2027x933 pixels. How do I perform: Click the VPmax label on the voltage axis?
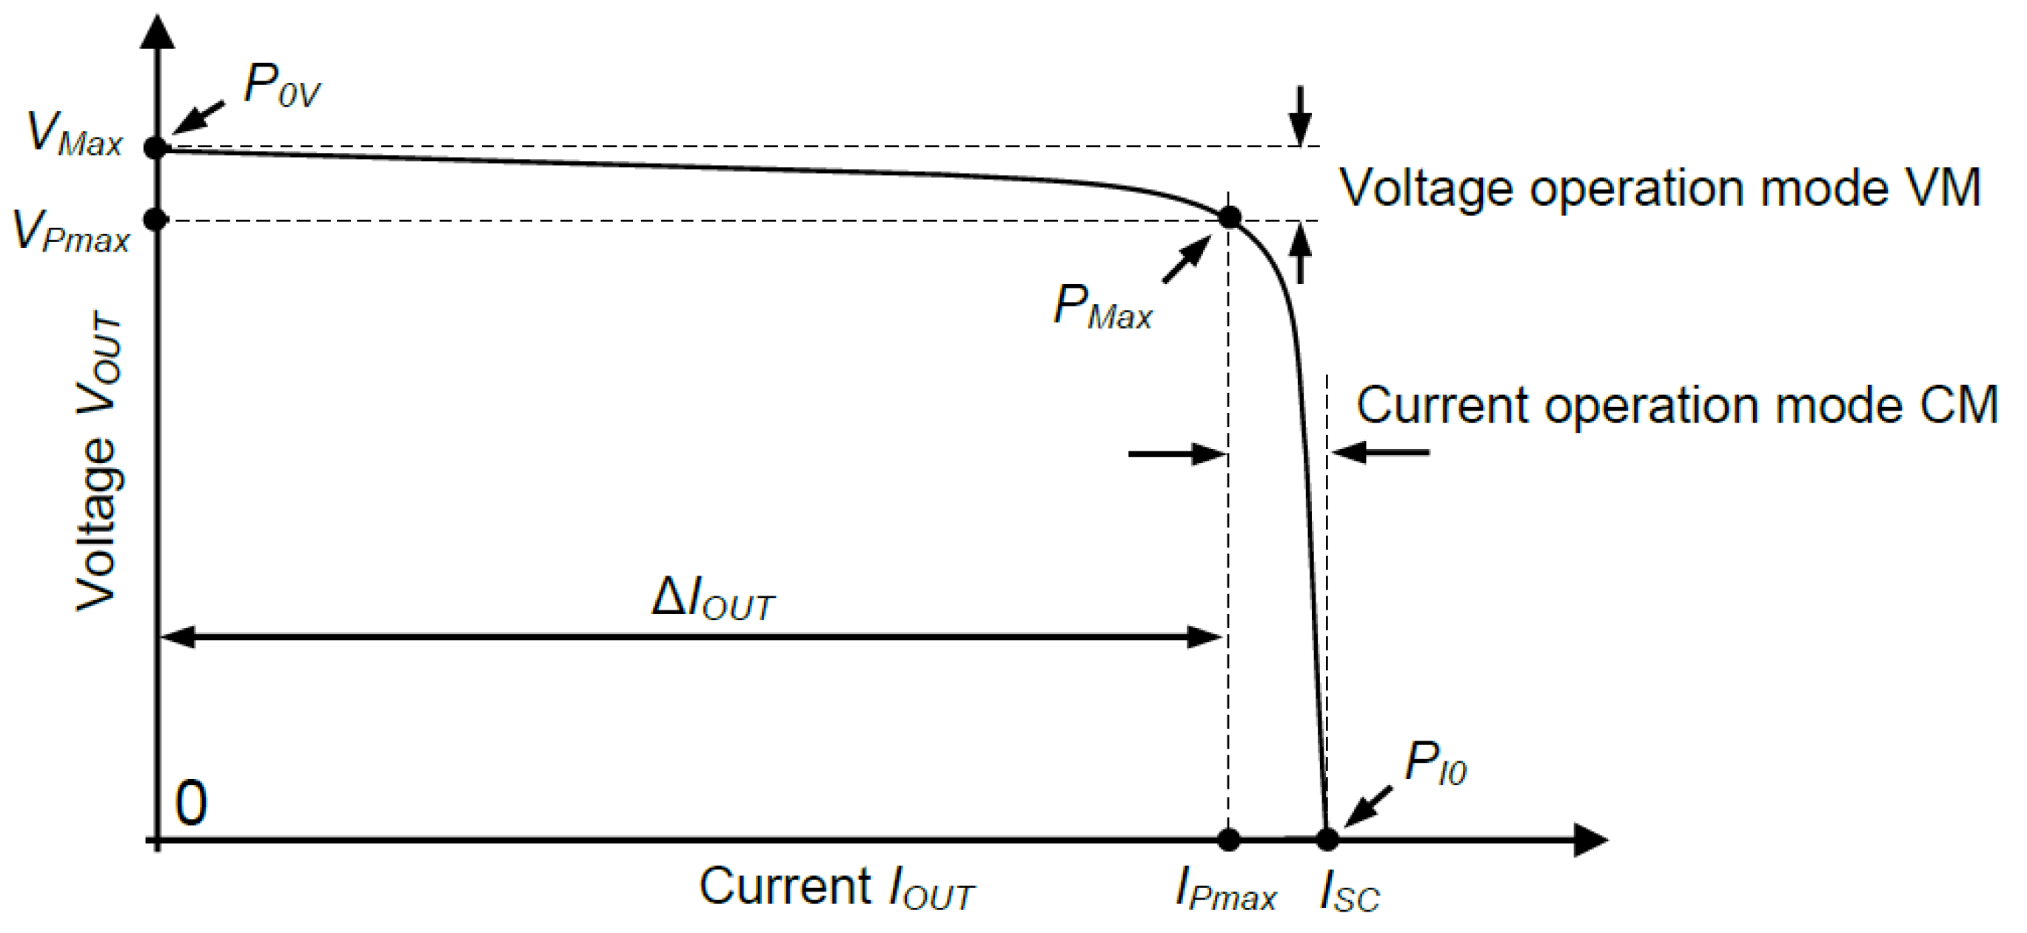click(71, 232)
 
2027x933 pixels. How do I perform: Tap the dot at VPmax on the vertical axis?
click(157, 220)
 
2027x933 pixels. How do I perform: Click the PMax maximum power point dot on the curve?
click(1229, 217)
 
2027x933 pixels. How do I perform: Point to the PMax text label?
click(1102, 307)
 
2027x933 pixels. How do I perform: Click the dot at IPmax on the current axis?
click(1228, 839)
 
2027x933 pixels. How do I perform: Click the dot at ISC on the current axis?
click(1327, 839)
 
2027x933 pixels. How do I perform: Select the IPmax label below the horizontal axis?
click(1225, 891)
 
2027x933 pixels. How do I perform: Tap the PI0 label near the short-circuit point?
click(1435, 764)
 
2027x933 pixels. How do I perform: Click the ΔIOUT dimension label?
click(713, 599)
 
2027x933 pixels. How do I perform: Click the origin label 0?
click(191, 804)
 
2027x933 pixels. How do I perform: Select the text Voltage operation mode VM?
click(1660, 189)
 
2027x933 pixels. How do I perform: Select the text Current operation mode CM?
click(1676, 405)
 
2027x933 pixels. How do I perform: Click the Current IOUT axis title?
click(836, 889)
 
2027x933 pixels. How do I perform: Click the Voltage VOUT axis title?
click(98, 460)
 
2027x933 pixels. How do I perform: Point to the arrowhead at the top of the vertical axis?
click(158, 32)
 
